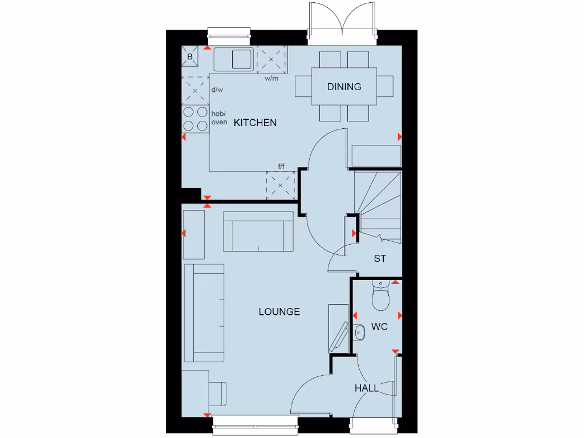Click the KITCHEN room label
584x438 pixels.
tap(255, 123)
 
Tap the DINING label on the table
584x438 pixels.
tap(344, 87)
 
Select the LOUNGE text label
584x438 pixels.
tap(279, 311)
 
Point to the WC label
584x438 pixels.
tap(379, 327)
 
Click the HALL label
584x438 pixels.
tap(367, 388)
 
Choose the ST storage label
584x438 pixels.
tap(380, 258)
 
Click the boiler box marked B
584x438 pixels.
tap(190, 57)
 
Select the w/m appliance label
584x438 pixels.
tap(271, 79)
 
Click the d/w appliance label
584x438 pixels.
tap(217, 90)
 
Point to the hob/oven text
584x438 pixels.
tap(220, 118)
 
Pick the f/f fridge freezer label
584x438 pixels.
tap(281, 167)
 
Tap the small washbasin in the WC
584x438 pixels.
tap(359, 331)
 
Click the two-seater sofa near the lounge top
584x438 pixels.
tap(258, 232)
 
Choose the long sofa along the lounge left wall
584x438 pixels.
tap(205, 313)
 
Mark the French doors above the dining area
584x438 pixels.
tap(341, 23)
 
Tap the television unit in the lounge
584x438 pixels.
tap(339, 330)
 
